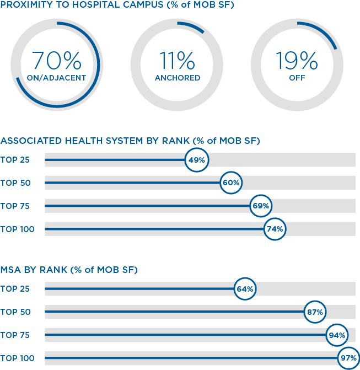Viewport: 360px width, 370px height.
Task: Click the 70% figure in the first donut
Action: click(57, 61)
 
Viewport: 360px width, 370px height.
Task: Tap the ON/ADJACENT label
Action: click(56, 78)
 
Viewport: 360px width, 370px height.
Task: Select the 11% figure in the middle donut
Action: click(177, 61)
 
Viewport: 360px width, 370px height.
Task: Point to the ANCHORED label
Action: click(178, 78)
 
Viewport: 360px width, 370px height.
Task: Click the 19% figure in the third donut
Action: click(297, 61)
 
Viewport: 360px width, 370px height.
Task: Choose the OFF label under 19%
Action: click(297, 78)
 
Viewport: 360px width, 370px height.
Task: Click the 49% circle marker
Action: click(196, 160)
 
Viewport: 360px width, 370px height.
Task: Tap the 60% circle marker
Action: click(231, 183)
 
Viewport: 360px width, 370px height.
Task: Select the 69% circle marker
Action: click(261, 206)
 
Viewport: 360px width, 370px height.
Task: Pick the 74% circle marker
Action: click(275, 229)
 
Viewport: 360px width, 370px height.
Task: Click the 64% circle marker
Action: click(245, 288)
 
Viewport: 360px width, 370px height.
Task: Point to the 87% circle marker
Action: click(315, 312)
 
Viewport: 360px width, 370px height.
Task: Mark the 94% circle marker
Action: click(337, 335)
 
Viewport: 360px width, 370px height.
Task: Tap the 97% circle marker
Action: click(348, 358)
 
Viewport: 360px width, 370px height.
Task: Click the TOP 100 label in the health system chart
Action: click(18, 229)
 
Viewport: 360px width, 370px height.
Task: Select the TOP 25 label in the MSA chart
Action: click(15, 289)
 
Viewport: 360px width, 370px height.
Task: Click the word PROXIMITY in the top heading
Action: click(26, 4)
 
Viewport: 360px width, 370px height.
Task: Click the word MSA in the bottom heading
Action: click(10, 270)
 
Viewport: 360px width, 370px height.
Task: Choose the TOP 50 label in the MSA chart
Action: click(15, 312)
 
